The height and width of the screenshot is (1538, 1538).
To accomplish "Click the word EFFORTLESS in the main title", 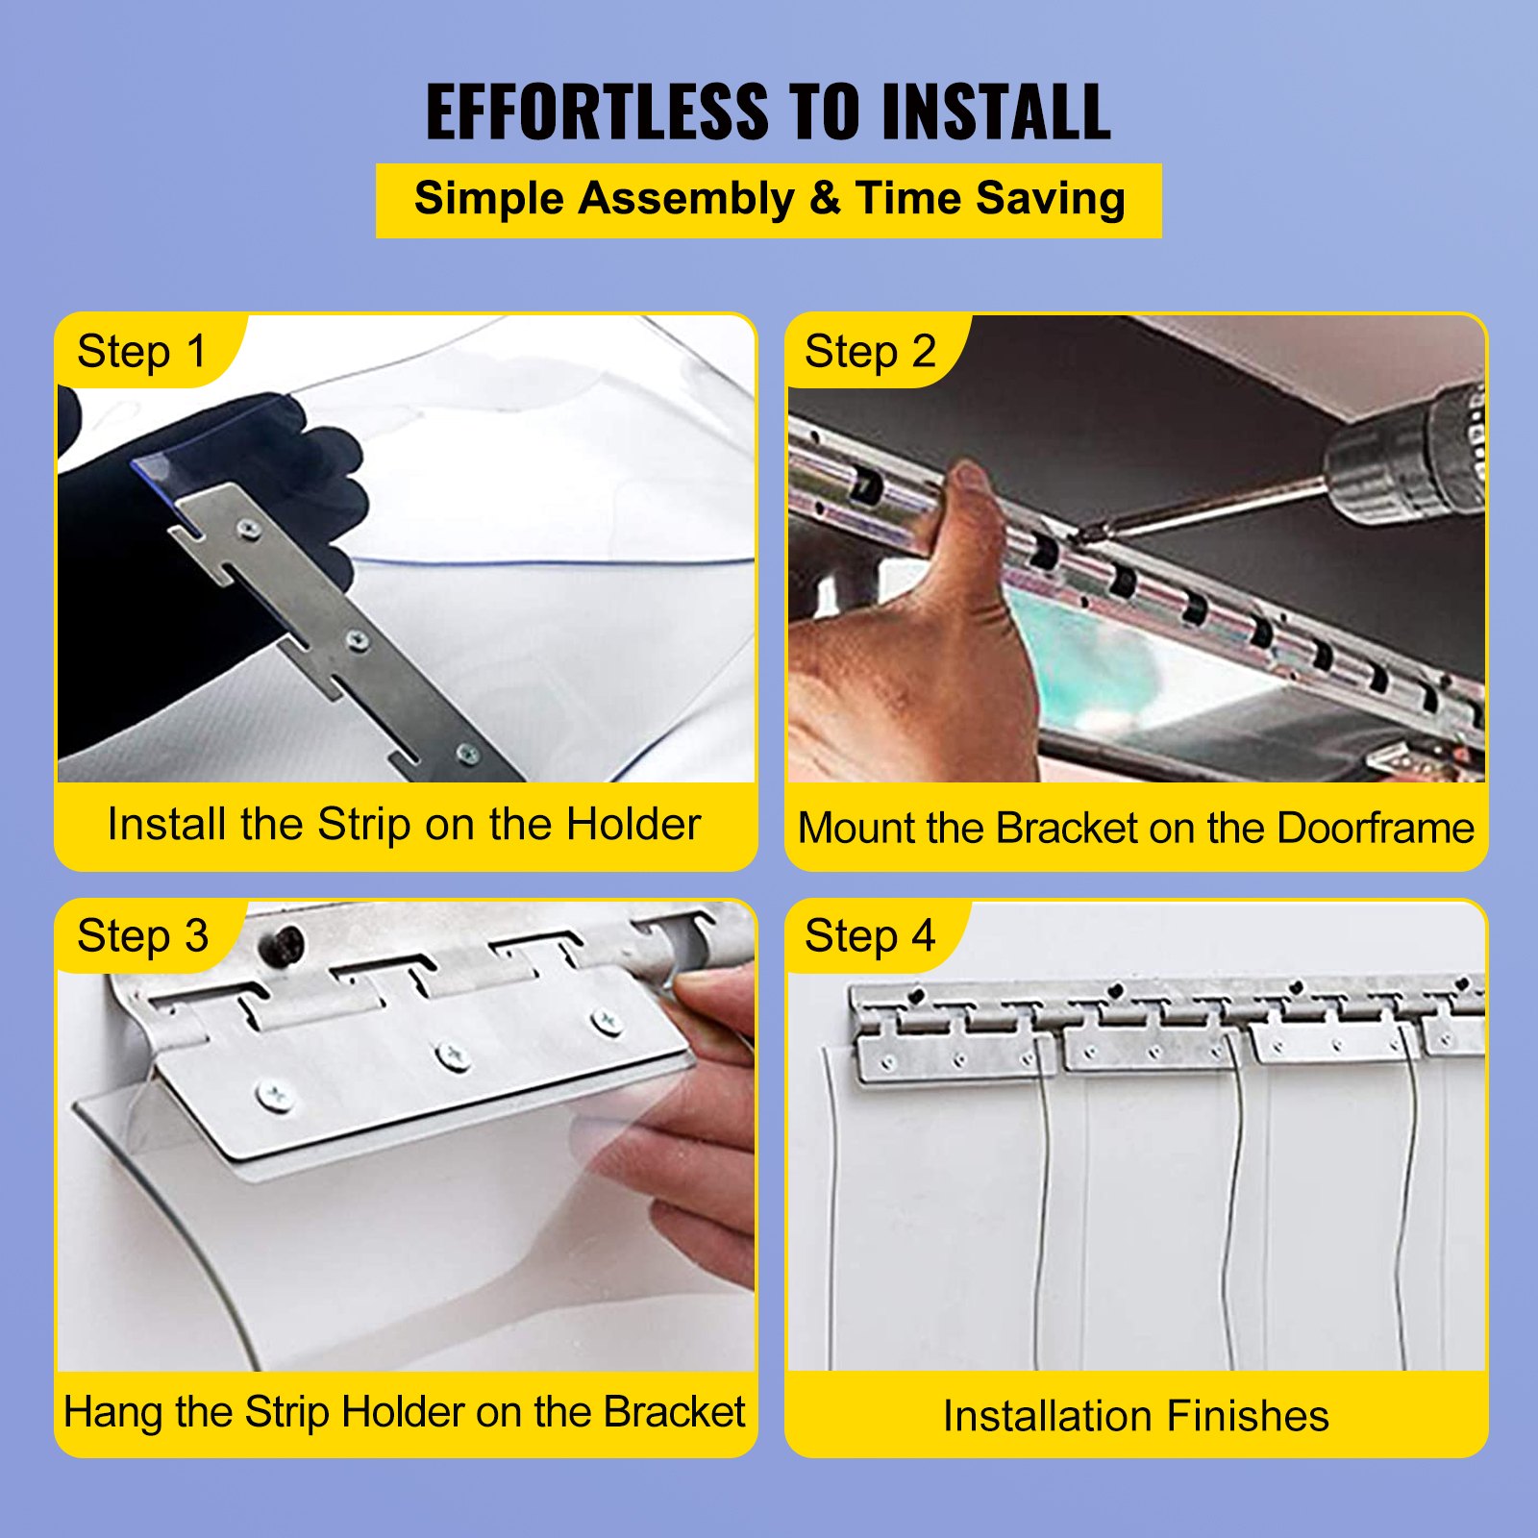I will [x=597, y=112].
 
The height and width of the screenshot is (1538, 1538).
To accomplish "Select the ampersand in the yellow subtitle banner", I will [x=824, y=199].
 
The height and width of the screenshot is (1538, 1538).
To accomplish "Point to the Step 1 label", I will [x=141, y=352].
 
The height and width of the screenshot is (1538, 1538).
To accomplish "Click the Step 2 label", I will [x=869, y=352].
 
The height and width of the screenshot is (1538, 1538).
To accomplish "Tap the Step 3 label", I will [x=142, y=936].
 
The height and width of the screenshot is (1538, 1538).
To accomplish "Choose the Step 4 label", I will [x=869, y=936].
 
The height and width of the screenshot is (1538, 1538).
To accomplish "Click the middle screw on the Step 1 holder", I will [x=357, y=639].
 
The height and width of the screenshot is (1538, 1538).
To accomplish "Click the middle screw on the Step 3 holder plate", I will [x=452, y=1055].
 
